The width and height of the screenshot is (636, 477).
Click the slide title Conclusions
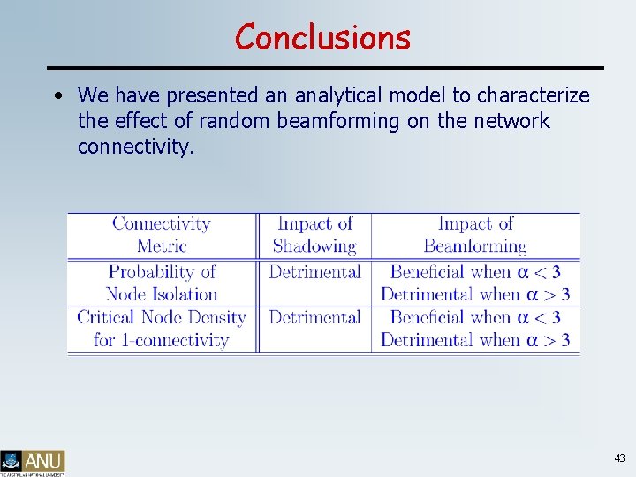pyautogui.click(x=322, y=37)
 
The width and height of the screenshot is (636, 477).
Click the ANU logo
pyautogui.click(x=34, y=462)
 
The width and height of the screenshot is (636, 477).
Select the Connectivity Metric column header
pyautogui.click(x=162, y=235)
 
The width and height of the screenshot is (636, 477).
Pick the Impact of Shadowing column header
pyautogui.click(x=314, y=235)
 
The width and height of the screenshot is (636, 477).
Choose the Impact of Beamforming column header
pyautogui.click(x=475, y=235)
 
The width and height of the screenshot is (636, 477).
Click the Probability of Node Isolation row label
pyautogui.click(x=162, y=283)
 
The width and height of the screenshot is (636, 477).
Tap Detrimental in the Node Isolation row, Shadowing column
pyautogui.click(x=314, y=272)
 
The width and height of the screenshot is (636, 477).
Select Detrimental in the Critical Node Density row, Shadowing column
pyautogui.click(x=314, y=317)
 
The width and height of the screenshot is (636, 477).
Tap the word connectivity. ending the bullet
pyautogui.click(x=135, y=147)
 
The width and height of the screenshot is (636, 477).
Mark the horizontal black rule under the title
pyautogui.click(x=324, y=68)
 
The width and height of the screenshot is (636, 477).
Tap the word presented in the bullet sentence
pyautogui.click(x=209, y=95)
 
